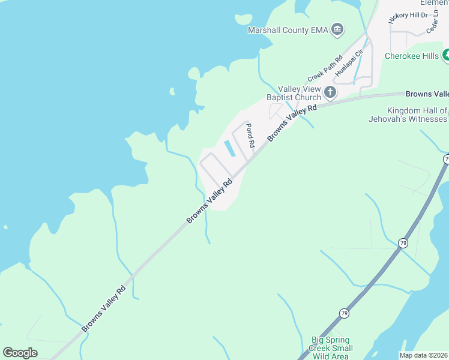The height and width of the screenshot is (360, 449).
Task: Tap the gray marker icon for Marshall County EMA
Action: click(337, 29)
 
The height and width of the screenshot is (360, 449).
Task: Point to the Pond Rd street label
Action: click(251, 136)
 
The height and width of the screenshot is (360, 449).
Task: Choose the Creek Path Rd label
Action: click(324, 68)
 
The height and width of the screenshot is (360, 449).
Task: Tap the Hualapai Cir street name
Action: click(350, 63)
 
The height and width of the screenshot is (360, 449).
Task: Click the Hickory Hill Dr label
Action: click(407, 15)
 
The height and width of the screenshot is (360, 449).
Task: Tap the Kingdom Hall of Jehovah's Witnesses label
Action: click(408, 115)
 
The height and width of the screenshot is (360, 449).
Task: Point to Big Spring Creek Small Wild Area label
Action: click(331, 348)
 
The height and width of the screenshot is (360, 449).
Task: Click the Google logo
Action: click(20, 353)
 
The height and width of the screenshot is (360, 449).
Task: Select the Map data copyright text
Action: click(424, 355)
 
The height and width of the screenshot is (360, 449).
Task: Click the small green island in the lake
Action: click(172, 92)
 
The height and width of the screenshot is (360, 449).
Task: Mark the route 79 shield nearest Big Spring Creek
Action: click(344, 313)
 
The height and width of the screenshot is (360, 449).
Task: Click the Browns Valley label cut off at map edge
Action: click(427, 94)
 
